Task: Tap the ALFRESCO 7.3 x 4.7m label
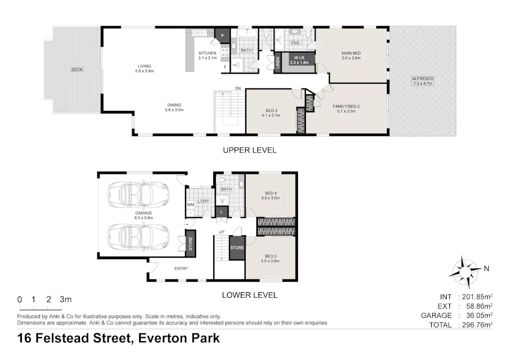tap(423, 81)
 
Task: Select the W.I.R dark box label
tap(299, 60)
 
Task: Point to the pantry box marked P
tap(221, 36)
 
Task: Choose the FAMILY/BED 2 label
tap(346, 109)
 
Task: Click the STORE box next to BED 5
tap(237, 248)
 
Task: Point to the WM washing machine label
tap(190, 205)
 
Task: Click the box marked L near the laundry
tap(221, 212)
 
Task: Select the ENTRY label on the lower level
tap(181, 268)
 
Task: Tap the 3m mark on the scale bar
tap(66, 300)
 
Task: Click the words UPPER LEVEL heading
tap(249, 150)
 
